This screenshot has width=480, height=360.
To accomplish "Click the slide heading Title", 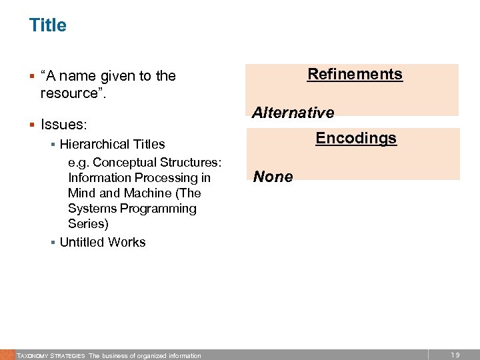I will [x=47, y=25].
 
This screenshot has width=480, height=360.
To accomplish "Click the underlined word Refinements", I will [x=355, y=74].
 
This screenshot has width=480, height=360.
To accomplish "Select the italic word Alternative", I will [x=293, y=113].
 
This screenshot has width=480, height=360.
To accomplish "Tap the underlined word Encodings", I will [x=356, y=138].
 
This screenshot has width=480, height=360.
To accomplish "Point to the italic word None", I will [x=273, y=177].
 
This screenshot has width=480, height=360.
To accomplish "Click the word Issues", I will [x=63, y=125].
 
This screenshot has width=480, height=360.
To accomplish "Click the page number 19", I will [x=455, y=355].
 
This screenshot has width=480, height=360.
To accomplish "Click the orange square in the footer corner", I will [x=7, y=355].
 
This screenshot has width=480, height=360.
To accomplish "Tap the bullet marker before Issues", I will [x=32, y=125].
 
